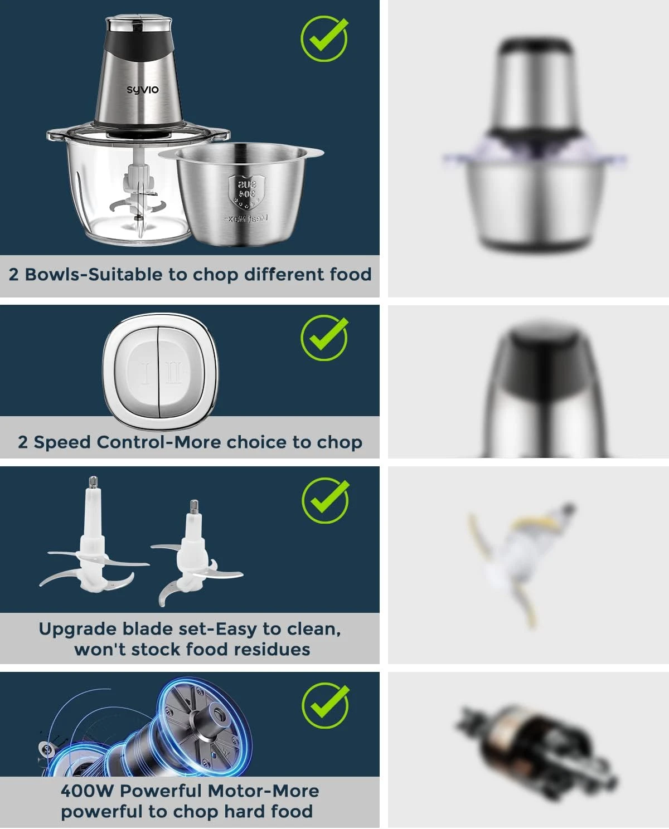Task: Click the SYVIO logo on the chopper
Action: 142,90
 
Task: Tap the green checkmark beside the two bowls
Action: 324,38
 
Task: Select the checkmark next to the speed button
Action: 324,338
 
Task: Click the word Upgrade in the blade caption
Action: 77,629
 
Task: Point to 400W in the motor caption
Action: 86,791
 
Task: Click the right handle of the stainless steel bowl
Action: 313,153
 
